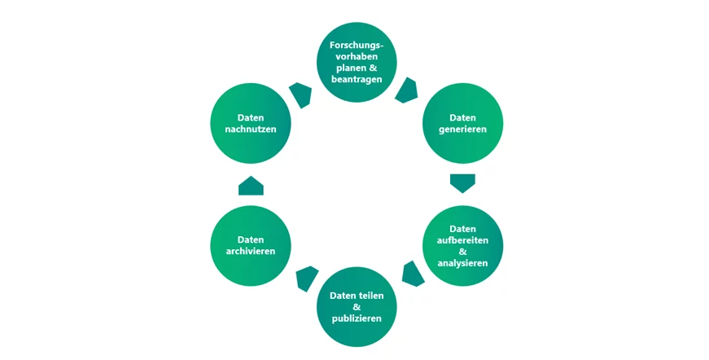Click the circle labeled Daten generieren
click(462, 123)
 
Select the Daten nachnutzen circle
click(251, 123)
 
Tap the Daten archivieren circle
click(251, 245)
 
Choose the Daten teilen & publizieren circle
click(357, 306)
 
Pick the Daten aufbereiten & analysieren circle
click(462, 245)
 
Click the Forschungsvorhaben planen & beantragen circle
click(357, 62)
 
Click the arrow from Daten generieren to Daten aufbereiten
click(462, 182)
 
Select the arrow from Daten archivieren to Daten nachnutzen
click(251, 186)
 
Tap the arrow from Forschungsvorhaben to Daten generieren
click(406, 90)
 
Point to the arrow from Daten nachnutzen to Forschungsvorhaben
click(301, 94)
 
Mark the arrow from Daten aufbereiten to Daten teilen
click(413, 274)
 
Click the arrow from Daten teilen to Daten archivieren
click(307, 279)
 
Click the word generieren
click(462, 130)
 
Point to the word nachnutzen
click(251, 130)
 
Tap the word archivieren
click(251, 252)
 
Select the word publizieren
click(357, 318)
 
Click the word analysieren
click(462, 263)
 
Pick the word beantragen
click(357, 79)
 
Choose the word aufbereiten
click(462, 239)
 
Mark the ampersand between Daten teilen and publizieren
click(357, 306)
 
